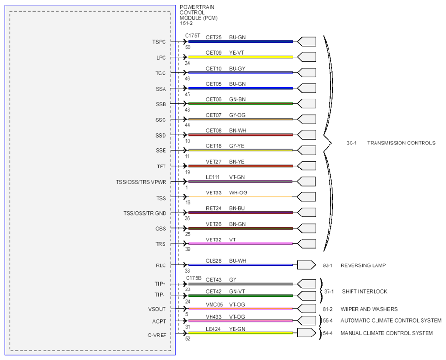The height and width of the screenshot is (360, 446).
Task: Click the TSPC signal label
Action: click(159, 42)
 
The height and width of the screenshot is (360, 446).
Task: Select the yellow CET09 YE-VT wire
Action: click(241, 57)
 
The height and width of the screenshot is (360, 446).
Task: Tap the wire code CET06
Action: click(213, 99)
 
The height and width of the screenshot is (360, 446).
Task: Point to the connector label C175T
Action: click(192, 36)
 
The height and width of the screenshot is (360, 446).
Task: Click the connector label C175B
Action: click(194, 278)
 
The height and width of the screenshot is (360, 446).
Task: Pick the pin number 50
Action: click(188, 47)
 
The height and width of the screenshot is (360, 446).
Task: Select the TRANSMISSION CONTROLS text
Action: click(401, 143)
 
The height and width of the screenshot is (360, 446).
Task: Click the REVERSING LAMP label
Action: click(363, 265)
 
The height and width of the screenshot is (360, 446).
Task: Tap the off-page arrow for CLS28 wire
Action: click(306, 265)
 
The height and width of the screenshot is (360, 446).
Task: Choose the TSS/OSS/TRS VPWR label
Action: click(141, 182)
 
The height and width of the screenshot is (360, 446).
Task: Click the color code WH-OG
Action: click(238, 192)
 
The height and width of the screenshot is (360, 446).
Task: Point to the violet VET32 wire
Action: click(241, 244)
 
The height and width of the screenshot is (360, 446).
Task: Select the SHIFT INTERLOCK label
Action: click(364, 292)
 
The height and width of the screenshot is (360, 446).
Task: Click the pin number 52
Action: click(188, 338)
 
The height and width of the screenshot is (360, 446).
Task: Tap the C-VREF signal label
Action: click(157, 335)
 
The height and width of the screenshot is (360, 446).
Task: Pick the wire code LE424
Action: click(213, 329)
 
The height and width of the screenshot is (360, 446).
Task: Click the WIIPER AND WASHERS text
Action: click(369, 309)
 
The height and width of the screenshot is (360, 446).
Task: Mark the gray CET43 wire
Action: click(241, 284)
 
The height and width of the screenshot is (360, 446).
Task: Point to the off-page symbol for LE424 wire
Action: click(306, 333)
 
